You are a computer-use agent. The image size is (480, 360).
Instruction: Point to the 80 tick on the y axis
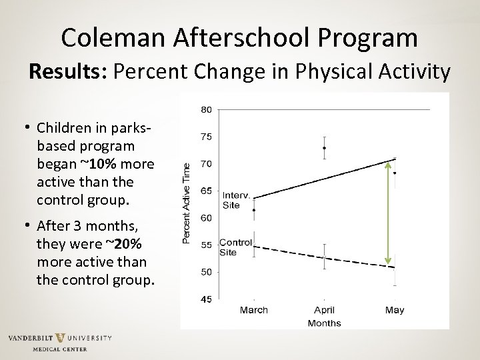pos(206,109)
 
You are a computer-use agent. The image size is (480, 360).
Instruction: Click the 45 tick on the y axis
pos(206,299)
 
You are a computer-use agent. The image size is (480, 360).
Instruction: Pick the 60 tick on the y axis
pos(206,218)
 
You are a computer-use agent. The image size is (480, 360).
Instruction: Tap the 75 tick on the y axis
pos(206,137)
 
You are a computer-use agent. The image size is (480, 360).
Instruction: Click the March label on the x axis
pos(253,310)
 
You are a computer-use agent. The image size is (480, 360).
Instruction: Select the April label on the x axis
pos(324,310)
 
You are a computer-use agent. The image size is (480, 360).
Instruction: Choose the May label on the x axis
pos(394,310)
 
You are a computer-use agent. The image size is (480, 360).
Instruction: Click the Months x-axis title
pos(324,323)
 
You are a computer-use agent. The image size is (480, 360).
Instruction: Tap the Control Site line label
pos(235,247)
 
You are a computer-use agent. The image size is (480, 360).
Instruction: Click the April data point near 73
pos(324,148)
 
